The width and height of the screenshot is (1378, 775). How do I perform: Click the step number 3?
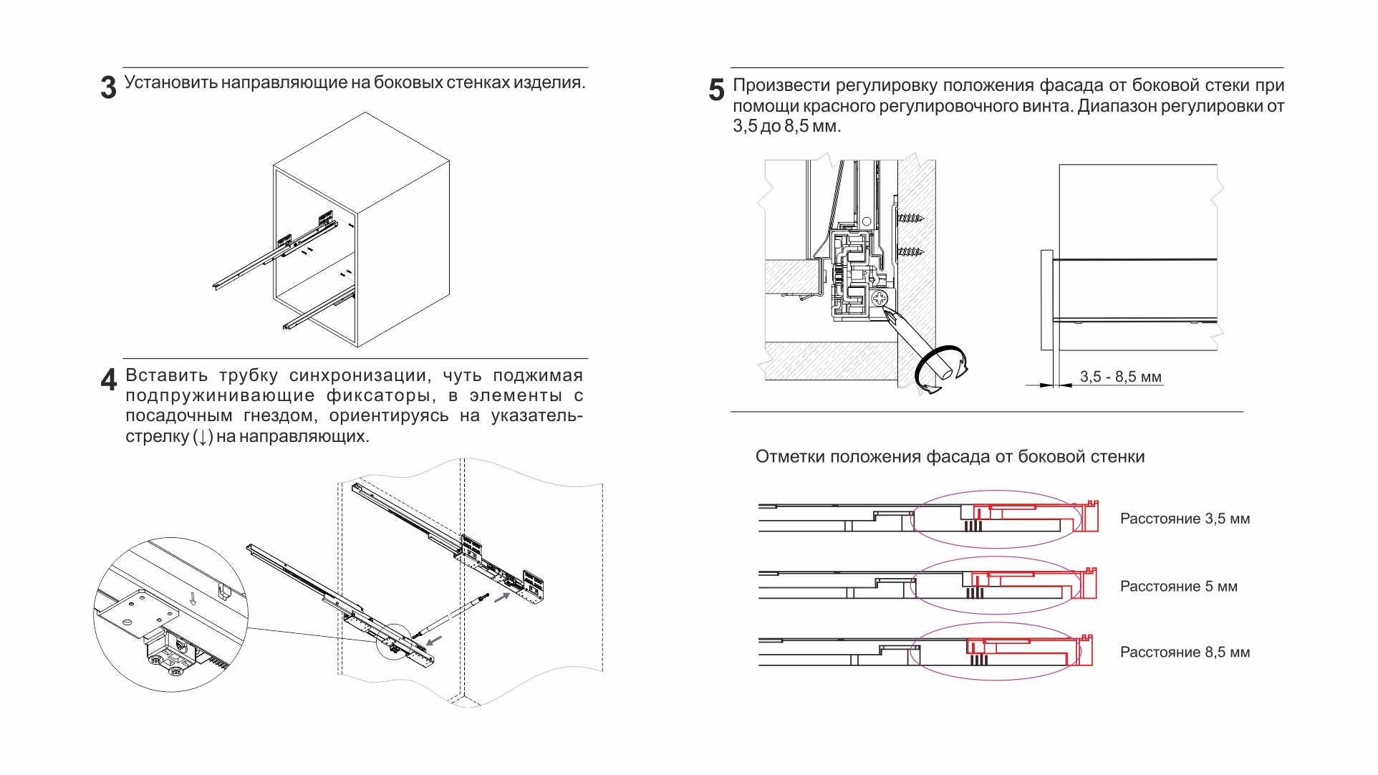108,88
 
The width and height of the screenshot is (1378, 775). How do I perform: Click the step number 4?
108,380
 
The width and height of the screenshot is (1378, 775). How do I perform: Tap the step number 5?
716,90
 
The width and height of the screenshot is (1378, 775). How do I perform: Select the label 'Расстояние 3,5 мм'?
1185,519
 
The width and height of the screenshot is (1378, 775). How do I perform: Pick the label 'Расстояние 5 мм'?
1178,587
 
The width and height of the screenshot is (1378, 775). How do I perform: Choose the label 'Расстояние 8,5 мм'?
1185,653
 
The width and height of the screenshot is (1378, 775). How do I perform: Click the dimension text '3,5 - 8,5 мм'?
1120,377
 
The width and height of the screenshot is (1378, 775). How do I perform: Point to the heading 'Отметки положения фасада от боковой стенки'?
950,457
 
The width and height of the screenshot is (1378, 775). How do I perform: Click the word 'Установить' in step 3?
171,82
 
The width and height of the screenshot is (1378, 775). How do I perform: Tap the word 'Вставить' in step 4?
167,375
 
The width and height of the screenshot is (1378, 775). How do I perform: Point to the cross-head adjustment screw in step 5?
880,297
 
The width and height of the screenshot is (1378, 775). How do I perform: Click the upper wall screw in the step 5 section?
910,218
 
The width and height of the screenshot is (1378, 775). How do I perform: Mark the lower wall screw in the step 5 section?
910,251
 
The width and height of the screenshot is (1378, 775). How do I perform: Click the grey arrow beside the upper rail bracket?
501,597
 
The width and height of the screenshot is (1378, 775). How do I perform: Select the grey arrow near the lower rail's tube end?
434,639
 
